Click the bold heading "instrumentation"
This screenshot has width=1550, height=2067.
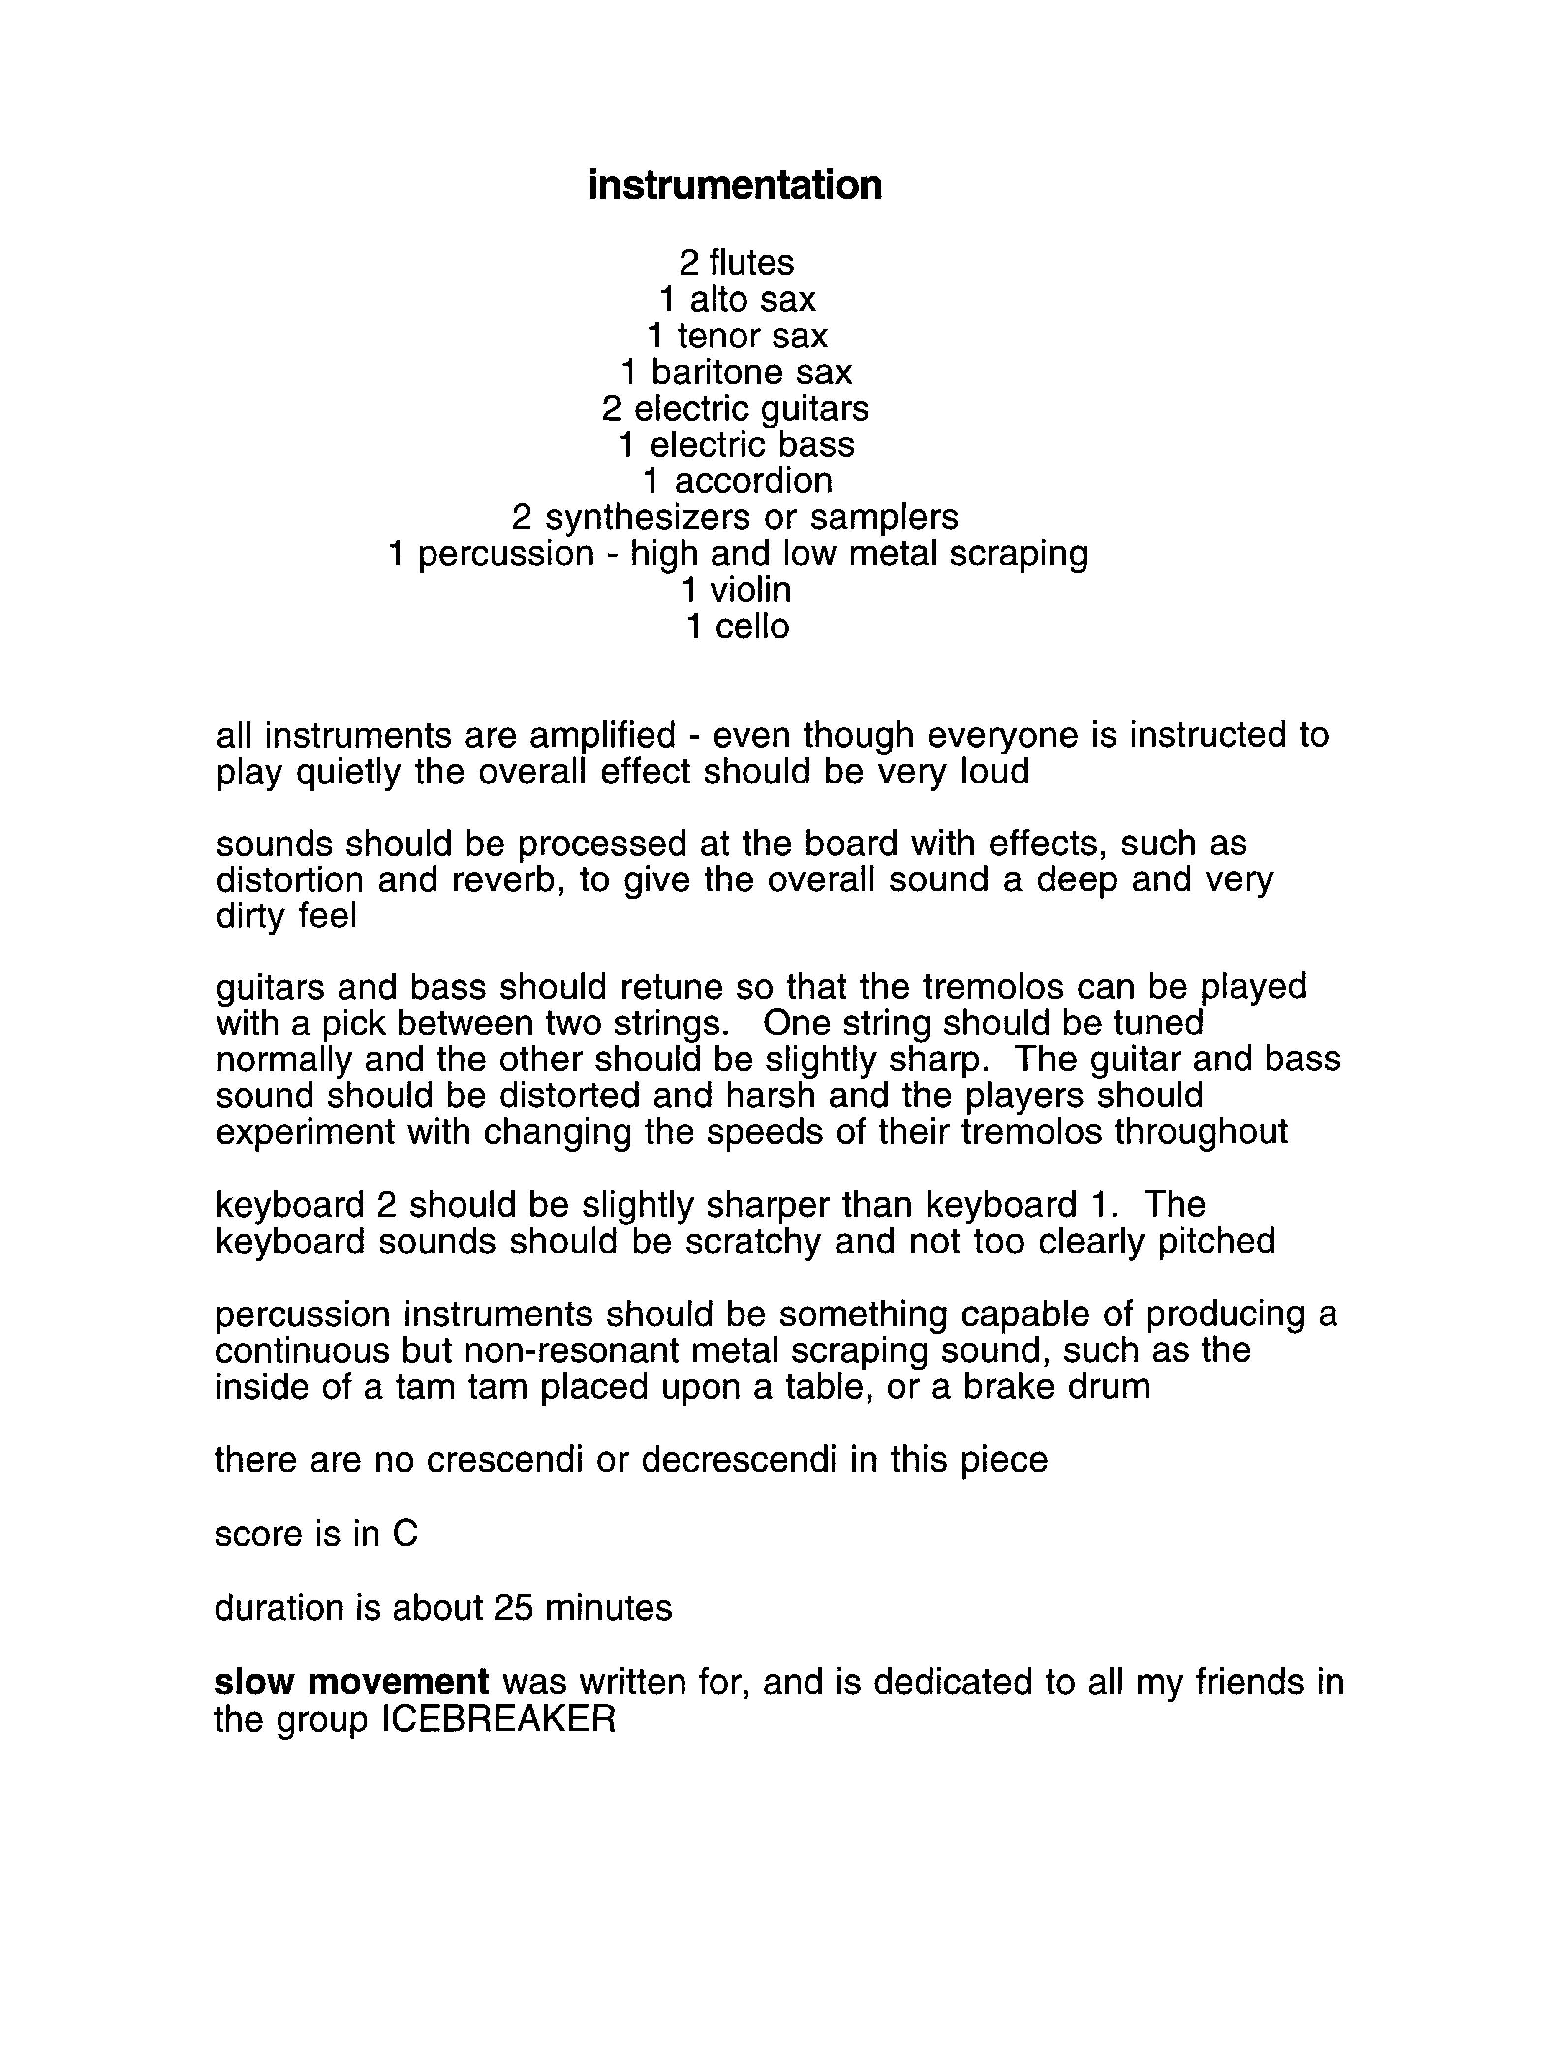pos(734,185)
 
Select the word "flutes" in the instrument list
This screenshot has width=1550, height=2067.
pos(751,263)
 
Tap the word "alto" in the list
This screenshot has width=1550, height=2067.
pos(719,299)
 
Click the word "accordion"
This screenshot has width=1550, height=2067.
pos(753,481)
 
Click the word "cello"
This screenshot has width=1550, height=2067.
pos(751,626)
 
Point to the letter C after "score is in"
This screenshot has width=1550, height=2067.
pos(404,1534)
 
